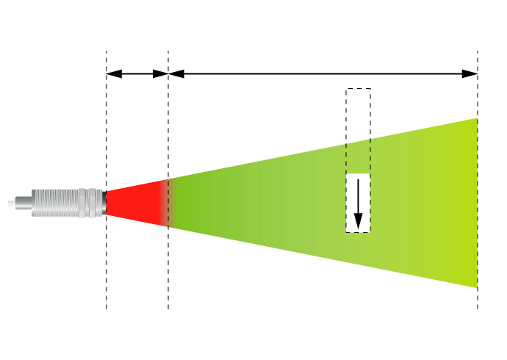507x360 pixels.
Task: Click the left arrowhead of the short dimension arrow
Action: [x=111, y=73]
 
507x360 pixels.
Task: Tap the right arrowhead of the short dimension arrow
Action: [x=163, y=73]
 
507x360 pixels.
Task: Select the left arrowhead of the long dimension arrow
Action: [x=174, y=73]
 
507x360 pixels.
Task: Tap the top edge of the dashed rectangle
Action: [x=358, y=89]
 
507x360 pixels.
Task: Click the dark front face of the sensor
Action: [x=106, y=203]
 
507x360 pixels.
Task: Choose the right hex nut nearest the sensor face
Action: [x=98, y=203]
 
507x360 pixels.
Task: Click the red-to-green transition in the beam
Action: [x=168, y=203]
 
